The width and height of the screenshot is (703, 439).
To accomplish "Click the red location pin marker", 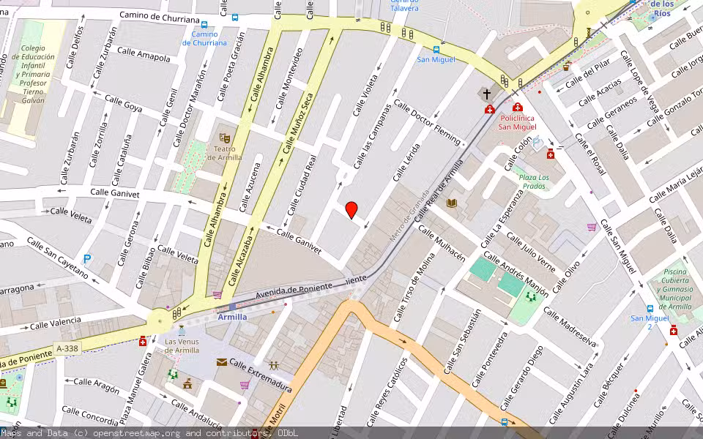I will pos(351,210).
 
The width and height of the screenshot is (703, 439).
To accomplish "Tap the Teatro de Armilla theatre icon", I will pos(225,137).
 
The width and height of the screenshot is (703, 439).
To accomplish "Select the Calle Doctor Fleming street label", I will pos(428,121).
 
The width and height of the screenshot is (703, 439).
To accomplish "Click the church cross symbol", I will pos(487,94).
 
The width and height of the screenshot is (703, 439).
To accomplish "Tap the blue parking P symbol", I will pos(88,259).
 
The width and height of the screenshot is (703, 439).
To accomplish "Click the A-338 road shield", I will pos(68,349).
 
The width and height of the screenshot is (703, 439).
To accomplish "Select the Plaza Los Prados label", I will pos(534,181).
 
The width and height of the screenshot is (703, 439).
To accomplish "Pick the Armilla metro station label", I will pos(233,317).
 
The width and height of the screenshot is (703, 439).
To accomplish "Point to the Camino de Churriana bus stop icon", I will pos(235,18).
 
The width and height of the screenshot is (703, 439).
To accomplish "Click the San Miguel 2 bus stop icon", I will pos(650,309).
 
